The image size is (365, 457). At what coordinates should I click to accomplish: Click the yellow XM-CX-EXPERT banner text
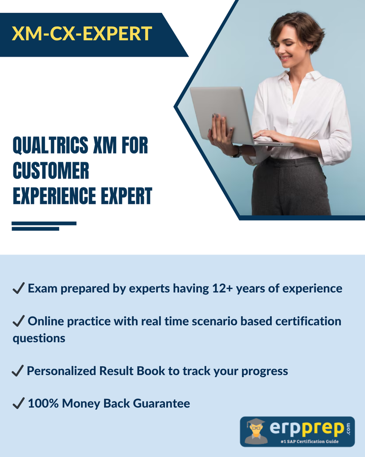(82, 33)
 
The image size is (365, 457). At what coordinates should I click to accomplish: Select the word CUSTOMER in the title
(51, 170)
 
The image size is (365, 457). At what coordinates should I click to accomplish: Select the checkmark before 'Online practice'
(19, 321)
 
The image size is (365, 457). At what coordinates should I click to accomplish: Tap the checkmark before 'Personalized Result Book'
(18, 371)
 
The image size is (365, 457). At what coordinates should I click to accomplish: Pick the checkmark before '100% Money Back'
(19, 403)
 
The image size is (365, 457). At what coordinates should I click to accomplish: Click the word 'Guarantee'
(161, 403)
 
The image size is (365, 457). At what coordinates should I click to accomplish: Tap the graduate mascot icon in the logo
(256, 432)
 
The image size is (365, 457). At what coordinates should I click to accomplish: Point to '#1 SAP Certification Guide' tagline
(310, 441)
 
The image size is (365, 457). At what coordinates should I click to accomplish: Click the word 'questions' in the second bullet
(39, 339)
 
